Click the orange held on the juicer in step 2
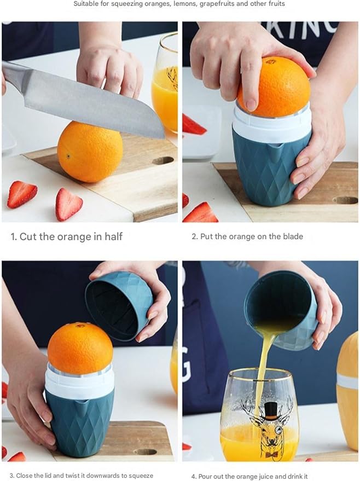pos(274,87)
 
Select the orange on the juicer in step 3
pos(80,348)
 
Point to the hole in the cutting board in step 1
pos(162,161)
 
